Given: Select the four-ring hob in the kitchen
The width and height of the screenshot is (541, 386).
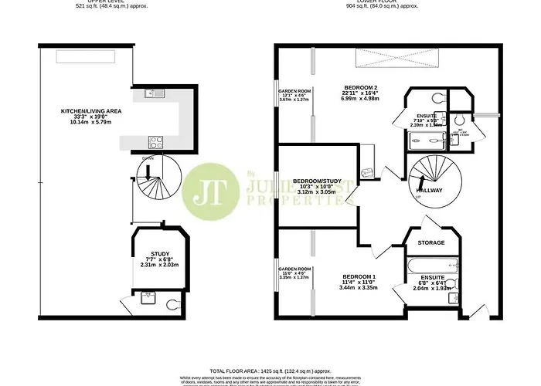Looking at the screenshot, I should pyautogui.click(x=155, y=141).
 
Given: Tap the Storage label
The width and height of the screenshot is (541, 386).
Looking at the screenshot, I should pyautogui.click(x=431, y=243).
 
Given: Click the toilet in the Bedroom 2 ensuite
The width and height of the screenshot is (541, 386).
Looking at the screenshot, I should pyautogui.click(x=438, y=98).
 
